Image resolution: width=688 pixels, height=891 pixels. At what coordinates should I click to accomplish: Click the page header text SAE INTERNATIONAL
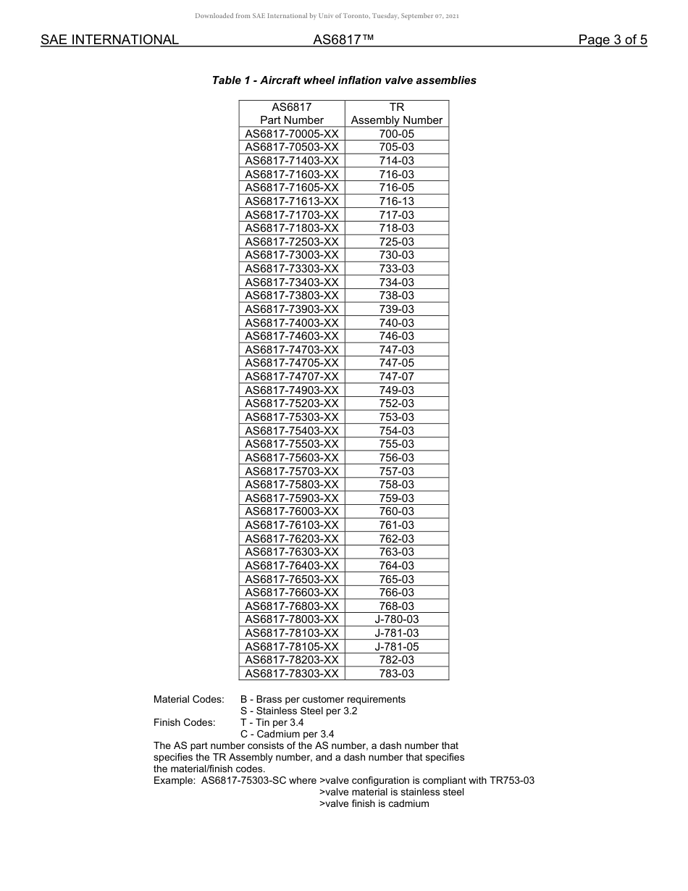click(x=109, y=40)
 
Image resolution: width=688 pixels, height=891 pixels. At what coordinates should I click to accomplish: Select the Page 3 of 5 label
click(x=612, y=40)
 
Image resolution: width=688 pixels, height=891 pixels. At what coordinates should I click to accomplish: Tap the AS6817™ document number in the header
click(x=343, y=40)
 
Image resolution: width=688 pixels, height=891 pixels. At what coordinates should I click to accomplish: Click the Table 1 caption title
click(x=344, y=80)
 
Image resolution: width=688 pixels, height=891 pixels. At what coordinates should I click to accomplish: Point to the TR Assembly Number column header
click(x=396, y=114)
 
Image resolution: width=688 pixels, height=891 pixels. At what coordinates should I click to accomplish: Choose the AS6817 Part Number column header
click(x=292, y=114)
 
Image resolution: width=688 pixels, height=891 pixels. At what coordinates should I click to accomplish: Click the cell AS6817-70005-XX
click(x=292, y=134)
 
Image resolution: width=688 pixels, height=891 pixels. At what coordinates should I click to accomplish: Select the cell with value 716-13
click(x=396, y=201)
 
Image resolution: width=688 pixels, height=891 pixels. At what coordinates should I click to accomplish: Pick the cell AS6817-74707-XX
click(x=292, y=377)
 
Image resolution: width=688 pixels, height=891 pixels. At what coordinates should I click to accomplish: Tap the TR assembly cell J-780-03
click(x=396, y=619)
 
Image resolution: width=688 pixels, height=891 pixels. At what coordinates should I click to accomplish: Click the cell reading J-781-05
click(x=396, y=647)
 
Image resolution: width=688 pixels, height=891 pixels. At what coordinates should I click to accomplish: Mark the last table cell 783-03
click(x=396, y=674)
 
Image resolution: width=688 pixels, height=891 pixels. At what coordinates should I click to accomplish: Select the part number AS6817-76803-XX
click(x=292, y=606)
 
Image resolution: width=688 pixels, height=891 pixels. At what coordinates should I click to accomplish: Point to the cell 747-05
click(x=396, y=363)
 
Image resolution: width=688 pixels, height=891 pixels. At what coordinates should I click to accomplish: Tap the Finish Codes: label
click(x=184, y=723)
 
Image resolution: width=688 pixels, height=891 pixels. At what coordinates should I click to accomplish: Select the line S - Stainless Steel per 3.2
click(x=298, y=711)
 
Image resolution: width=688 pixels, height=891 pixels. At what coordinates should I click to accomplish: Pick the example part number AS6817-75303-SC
click(x=259, y=781)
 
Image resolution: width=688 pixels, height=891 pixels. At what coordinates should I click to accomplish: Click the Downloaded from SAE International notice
click(x=327, y=16)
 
